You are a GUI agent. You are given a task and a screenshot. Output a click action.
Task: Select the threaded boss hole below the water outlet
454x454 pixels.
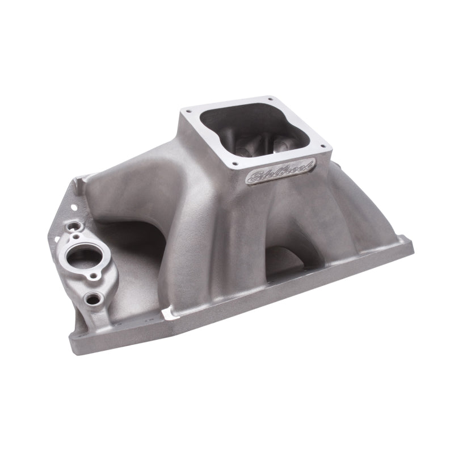click(x=91, y=297)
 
